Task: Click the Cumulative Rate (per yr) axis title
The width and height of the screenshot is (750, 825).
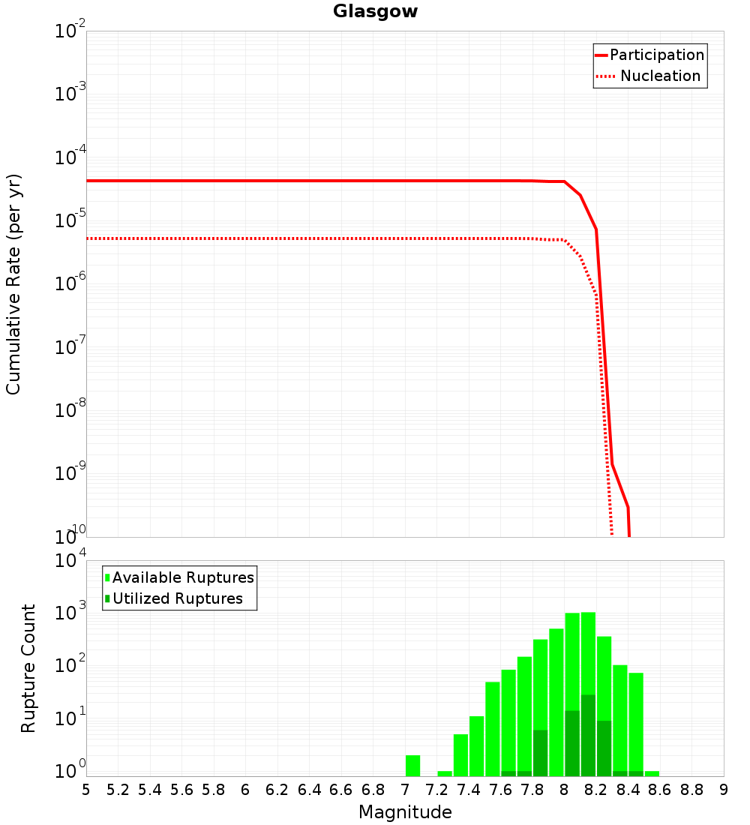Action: click(13, 283)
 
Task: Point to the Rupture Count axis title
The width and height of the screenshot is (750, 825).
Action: click(28, 667)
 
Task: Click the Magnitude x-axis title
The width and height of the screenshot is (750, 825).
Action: click(405, 812)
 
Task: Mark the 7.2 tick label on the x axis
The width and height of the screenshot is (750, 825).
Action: click(437, 790)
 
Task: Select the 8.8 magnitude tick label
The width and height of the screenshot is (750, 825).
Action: click(692, 790)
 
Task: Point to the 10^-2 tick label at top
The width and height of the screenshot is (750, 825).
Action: click(70, 31)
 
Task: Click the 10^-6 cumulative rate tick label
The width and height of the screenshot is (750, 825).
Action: click(70, 284)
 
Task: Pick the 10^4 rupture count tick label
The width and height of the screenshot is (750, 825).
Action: click(72, 561)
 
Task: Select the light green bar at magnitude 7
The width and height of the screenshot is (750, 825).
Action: click(412, 765)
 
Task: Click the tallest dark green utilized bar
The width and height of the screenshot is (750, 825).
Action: click(588, 735)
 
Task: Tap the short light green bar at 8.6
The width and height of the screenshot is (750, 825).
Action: click(652, 773)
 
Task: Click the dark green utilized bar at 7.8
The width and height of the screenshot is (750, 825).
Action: click(540, 752)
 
